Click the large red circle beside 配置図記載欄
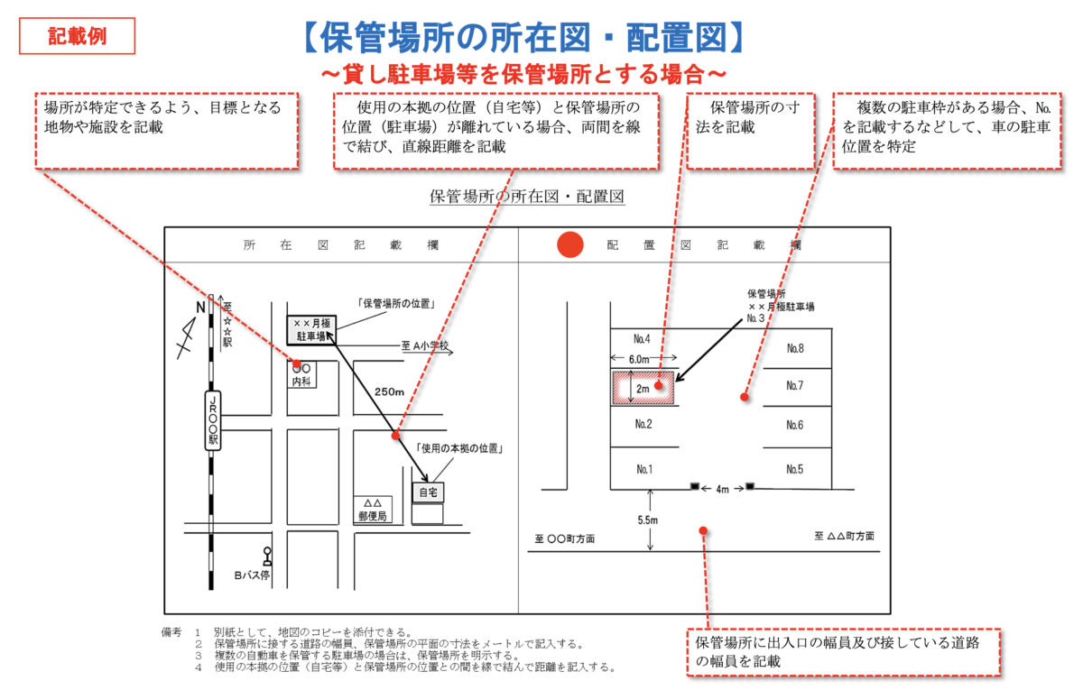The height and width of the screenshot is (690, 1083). pyautogui.click(x=570, y=244)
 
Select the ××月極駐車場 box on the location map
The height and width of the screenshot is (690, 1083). pyautogui.click(x=311, y=329)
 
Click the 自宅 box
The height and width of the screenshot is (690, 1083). pyautogui.click(x=428, y=492)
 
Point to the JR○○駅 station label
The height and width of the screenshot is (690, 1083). pyautogui.click(x=213, y=420)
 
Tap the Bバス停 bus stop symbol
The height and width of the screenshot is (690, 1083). pyautogui.click(x=267, y=555)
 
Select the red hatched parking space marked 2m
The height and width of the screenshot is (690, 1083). pyautogui.click(x=644, y=388)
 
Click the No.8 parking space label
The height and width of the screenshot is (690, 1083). pyautogui.click(x=794, y=348)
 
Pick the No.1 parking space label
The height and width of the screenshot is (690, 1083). pyautogui.click(x=643, y=469)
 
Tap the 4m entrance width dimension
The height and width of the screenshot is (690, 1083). pyautogui.click(x=722, y=489)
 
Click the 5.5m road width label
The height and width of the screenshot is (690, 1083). pyautogui.click(x=647, y=520)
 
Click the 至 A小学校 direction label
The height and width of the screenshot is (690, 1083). pyautogui.click(x=424, y=346)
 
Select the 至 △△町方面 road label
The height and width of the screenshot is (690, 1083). pyautogui.click(x=844, y=536)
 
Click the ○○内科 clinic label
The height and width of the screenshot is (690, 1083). pyautogui.click(x=301, y=375)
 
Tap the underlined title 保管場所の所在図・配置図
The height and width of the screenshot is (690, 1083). pyautogui.click(x=527, y=196)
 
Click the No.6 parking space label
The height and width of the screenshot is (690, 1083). pyautogui.click(x=794, y=425)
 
